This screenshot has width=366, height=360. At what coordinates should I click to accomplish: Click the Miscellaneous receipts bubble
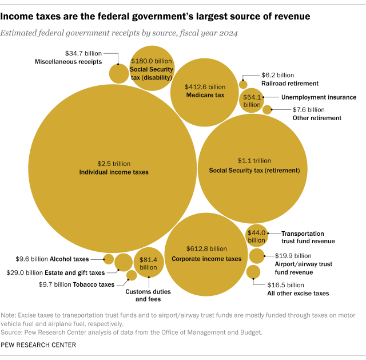point(119,73)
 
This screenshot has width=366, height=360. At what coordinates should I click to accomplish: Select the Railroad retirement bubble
point(243,85)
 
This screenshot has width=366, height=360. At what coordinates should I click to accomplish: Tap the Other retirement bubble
point(266,109)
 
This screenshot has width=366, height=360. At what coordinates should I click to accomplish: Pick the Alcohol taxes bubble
point(108,259)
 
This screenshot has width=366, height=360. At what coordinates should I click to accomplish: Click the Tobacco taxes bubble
point(131,275)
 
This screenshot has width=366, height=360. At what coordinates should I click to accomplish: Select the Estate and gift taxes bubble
point(123,262)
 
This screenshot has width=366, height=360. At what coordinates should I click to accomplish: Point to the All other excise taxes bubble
point(253,272)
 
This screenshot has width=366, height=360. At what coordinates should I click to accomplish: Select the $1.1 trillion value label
point(254,161)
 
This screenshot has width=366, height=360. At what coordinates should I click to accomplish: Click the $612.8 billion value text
point(206,249)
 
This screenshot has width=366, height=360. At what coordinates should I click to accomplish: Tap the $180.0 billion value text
point(151,61)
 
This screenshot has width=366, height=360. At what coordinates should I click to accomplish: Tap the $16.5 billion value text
point(286,284)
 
